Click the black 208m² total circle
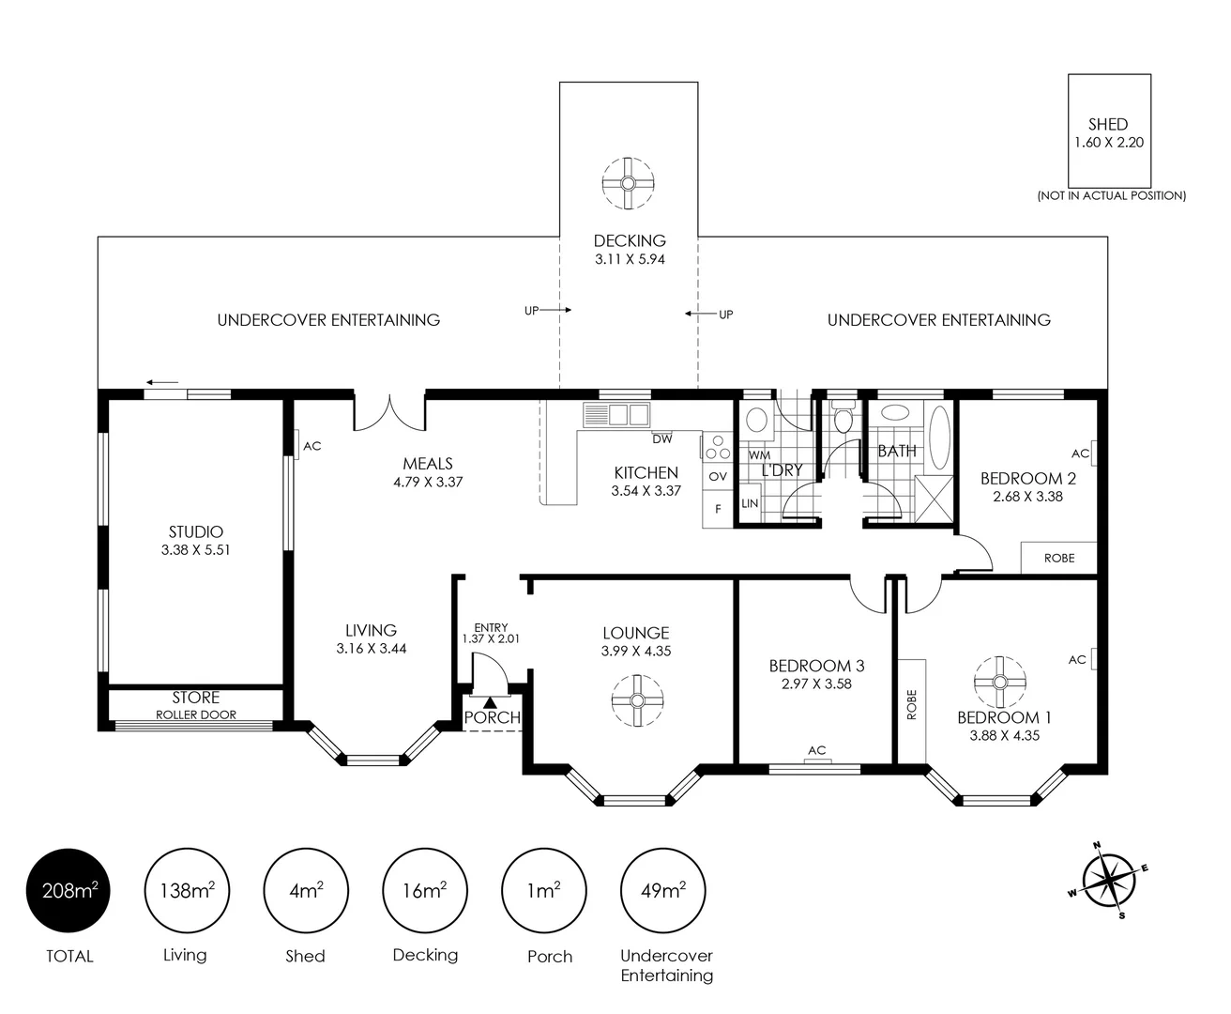pyautogui.click(x=68, y=890)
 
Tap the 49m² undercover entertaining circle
pyautogui.click(x=662, y=890)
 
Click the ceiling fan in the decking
pyautogui.click(x=628, y=183)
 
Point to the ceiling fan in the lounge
pyautogui.click(x=637, y=700)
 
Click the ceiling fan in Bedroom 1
pyautogui.click(x=1000, y=682)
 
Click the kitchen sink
pyautogui.click(x=616, y=415)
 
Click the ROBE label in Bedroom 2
pyautogui.click(x=1058, y=558)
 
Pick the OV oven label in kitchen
pyautogui.click(x=718, y=477)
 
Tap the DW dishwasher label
pyautogui.click(x=661, y=438)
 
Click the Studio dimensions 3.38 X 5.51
pyautogui.click(x=195, y=549)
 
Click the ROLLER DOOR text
pyautogui.click(x=195, y=714)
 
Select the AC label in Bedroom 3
pyautogui.click(x=816, y=750)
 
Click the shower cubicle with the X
pyautogui.click(x=934, y=499)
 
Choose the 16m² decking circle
pyautogui.click(x=424, y=890)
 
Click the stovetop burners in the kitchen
pyautogui.click(x=719, y=447)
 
